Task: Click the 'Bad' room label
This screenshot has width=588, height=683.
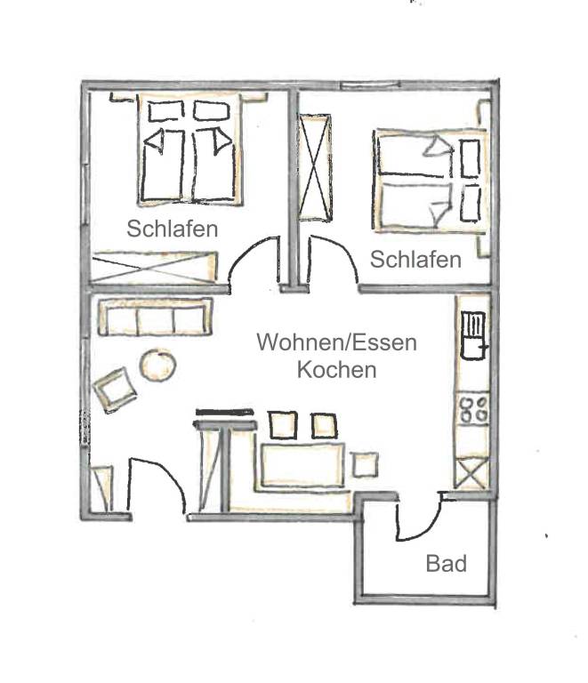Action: point(446,563)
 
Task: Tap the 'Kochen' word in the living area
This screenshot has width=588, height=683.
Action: point(336,370)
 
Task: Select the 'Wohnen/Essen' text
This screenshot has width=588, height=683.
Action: point(336,342)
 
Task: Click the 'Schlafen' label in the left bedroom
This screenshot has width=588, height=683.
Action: point(172,229)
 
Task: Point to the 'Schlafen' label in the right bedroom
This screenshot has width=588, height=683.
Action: point(415,260)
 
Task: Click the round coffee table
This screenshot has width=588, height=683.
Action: point(157,365)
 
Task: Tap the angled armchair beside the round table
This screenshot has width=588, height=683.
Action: point(115,390)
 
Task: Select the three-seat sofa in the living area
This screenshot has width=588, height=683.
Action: point(155,317)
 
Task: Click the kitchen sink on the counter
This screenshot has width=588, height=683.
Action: point(474,336)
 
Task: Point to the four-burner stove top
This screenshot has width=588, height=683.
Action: point(473,409)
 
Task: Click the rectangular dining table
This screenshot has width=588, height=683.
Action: point(302,465)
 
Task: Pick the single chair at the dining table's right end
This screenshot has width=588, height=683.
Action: point(365,465)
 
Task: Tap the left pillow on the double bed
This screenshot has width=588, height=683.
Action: point(166,112)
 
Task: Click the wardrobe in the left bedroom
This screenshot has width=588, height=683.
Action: point(155,267)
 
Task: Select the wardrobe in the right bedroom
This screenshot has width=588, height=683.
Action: point(315,168)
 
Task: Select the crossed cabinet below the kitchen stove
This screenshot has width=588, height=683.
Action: point(471,472)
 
